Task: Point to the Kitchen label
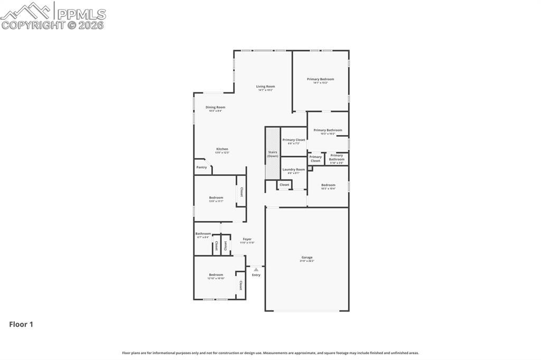pyautogui.click(x=222, y=150)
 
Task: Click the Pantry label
pyautogui.click(x=201, y=167)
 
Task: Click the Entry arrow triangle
pyautogui.click(x=256, y=269)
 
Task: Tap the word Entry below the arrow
pyautogui.click(x=256, y=275)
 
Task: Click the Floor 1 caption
pyautogui.click(x=21, y=325)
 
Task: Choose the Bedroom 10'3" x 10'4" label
pyautogui.click(x=328, y=186)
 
